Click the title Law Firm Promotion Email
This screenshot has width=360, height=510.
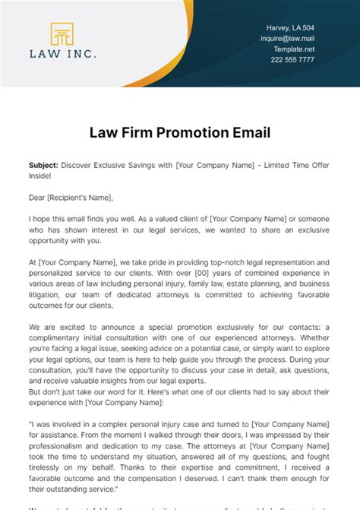(x=179, y=134)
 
